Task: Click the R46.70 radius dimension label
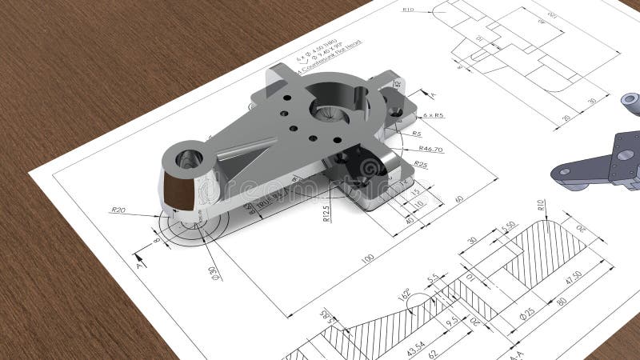430,150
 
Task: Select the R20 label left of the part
118,210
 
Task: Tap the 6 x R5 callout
433,116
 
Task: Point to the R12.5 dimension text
326,213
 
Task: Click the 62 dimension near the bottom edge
433,352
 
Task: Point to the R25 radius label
420,165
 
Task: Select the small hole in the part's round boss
189,158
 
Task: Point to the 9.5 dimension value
451,321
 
